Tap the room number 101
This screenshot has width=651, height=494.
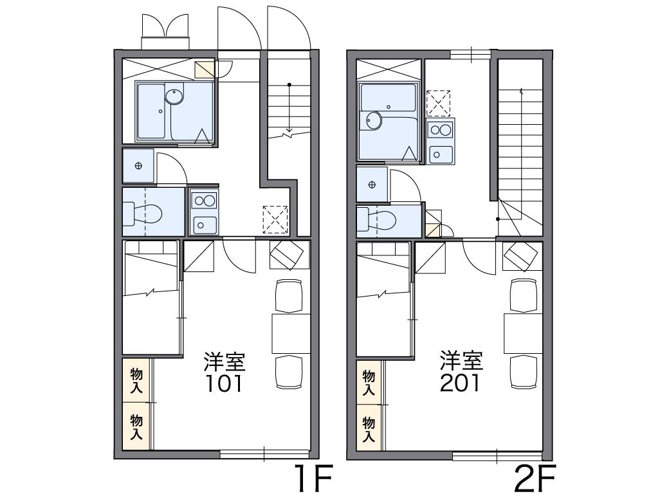tap(225, 383)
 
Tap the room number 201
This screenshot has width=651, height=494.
tap(460, 383)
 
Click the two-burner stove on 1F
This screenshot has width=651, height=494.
tap(204, 201)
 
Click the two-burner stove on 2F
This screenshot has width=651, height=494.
tap(441, 129)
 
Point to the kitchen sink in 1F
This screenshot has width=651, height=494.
tap(203, 224)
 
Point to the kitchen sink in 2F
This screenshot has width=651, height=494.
tap(440, 154)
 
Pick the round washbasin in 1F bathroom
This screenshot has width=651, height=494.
tap(174, 96)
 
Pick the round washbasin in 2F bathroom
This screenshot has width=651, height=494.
tap(374, 120)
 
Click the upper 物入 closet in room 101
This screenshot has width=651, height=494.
tap(136, 380)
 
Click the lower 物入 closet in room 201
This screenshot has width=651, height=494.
tap(369, 429)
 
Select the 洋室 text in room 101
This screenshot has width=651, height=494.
tap(225, 362)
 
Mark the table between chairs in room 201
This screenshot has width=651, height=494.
tap(523, 333)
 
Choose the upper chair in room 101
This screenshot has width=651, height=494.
tap(289, 296)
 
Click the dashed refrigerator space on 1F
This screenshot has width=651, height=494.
tap(275, 219)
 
